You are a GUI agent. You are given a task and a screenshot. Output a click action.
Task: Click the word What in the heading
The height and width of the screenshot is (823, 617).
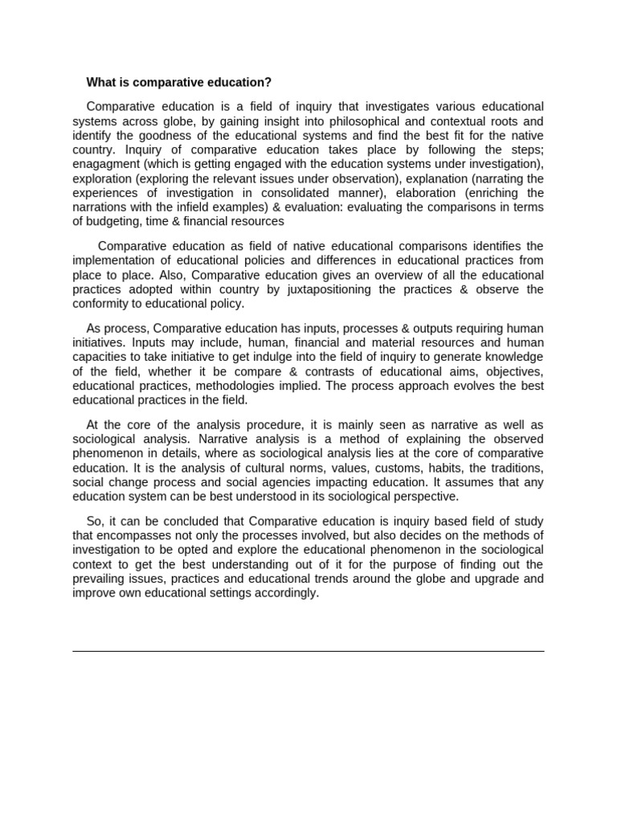[100, 83]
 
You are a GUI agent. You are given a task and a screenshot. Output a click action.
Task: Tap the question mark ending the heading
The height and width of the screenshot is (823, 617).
[269, 83]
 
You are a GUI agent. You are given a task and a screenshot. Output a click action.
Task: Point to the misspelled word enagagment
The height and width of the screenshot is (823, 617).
[105, 164]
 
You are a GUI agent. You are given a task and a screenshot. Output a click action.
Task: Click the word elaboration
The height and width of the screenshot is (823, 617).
[429, 193]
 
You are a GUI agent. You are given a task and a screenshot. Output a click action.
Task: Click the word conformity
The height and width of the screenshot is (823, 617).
[101, 304]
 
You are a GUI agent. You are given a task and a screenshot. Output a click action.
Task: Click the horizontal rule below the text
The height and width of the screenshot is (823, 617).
[308, 651]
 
